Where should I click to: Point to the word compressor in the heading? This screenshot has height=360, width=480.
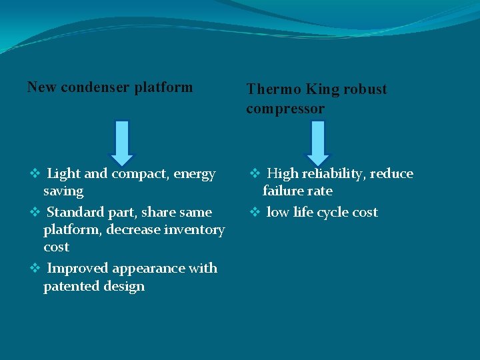(x=285, y=109)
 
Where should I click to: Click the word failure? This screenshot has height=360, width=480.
(x=283, y=191)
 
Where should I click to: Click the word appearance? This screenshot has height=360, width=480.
(x=147, y=269)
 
